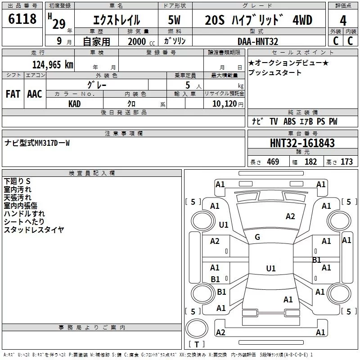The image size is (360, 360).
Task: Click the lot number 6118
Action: tap(22, 19)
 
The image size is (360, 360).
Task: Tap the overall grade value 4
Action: tap(343, 20)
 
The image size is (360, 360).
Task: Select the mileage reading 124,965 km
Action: tap(53, 65)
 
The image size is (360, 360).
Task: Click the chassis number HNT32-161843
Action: tap(302, 143)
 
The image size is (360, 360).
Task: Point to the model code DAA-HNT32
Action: tap(258, 41)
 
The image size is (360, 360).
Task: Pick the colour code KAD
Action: tap(74, 104)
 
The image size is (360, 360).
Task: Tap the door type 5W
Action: tap(174, 20)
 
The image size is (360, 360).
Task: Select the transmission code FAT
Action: tap(13, 94)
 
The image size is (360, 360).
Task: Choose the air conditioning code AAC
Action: tap(35, 94)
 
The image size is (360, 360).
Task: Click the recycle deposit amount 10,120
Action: tap(225, 104)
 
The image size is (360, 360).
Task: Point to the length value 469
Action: tap(273, 162)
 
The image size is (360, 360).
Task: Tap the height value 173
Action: tap(346, 162)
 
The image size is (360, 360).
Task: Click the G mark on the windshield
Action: tap(257, 237)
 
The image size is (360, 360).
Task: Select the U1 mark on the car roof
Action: tap(271, 268)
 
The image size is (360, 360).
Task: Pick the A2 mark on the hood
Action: tap(290, 216)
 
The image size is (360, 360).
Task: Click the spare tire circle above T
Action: tap(197, 328)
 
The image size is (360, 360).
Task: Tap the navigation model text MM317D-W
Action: tap(52, 143)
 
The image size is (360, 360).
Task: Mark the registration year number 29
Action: tap(59, 24)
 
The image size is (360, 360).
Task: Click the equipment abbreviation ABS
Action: tap(289, 121)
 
